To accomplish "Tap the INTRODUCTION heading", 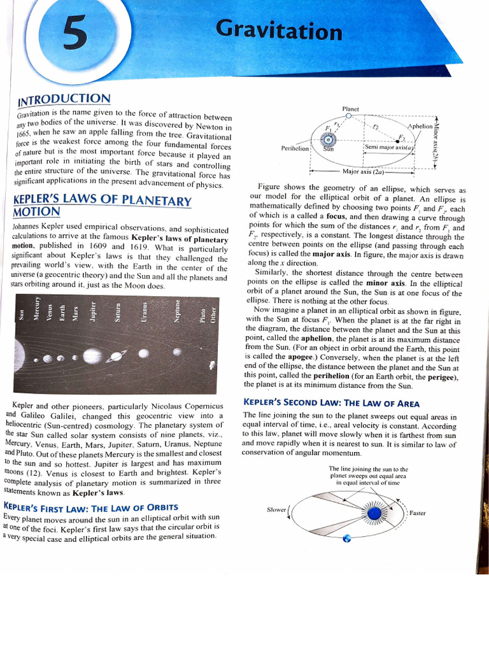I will click(64, 99).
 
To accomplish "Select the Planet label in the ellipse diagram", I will click(351, 109).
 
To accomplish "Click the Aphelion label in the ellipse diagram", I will click(420, 127).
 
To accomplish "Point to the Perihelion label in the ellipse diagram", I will click(295, 148).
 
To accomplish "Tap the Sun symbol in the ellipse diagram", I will click(329, 141).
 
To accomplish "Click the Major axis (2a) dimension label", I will click(362, 171).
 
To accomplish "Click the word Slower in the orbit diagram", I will click(276, 509).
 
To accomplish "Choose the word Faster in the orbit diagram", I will click(418, 513).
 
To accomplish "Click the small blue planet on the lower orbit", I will click(347, 539).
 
